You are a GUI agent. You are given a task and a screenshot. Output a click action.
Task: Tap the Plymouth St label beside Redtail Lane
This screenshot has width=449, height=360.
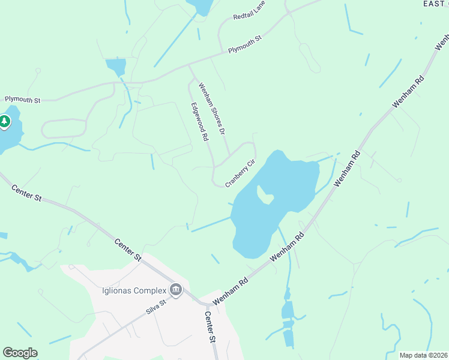[245, 46]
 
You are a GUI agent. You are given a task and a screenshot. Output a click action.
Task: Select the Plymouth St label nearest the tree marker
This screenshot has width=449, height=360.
[22, 99]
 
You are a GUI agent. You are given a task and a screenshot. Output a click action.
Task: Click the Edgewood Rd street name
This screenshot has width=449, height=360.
[199, 121]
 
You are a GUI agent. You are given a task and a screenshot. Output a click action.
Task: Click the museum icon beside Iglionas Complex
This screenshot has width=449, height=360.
[176, 290]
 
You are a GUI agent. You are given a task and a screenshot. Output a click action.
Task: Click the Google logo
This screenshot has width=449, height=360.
[20, 353]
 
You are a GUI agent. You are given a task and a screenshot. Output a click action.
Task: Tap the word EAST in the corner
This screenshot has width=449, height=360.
[433, 4]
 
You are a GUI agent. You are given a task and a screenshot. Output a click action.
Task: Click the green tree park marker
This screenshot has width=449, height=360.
[5, 122]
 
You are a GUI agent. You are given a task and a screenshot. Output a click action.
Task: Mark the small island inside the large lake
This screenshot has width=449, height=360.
[265, 194]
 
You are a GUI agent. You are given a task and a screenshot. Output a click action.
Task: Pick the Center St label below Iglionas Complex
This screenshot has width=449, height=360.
[209, 326]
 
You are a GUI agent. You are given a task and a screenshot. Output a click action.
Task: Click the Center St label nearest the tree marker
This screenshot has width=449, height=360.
[26, 193]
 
